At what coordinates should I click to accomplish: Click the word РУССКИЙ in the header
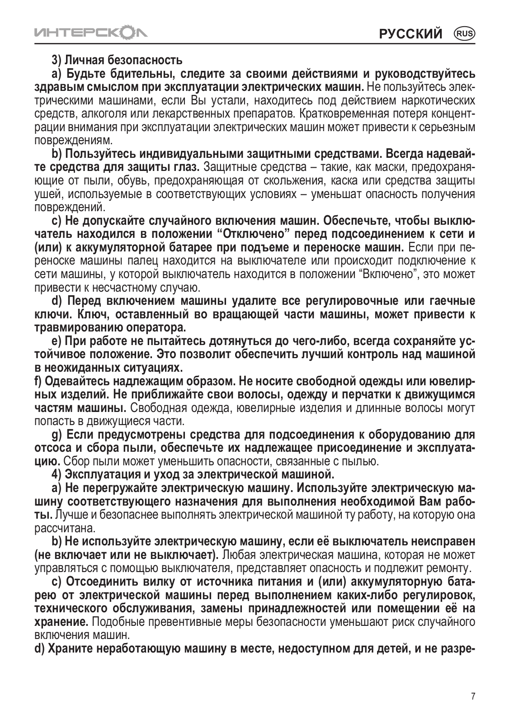click(x=411, y=33)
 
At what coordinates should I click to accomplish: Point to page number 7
click(x=473, y=696)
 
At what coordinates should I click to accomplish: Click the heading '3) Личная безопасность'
click(x=118, y=60)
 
